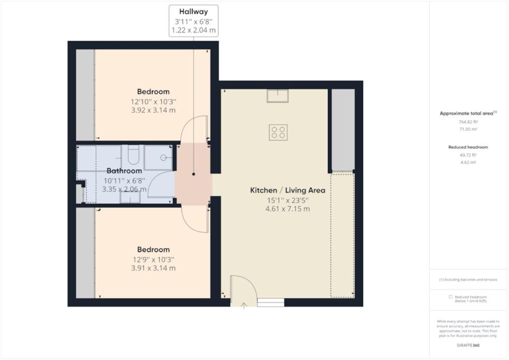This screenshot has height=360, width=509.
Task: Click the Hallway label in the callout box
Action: (x=194, y=12)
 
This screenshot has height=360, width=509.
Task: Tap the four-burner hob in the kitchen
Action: (x=278, y=132)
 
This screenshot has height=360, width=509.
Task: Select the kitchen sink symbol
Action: (x=277, y=96)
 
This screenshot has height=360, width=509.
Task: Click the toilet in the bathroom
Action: (x=133, y=155)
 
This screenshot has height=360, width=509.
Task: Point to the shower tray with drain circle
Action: (x=158, y=158)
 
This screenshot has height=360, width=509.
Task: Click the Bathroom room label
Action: (x=124, y=171)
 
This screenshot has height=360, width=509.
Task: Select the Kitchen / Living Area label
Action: (x=287, y=190)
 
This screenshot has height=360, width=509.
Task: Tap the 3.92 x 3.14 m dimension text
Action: (x=153, y=110)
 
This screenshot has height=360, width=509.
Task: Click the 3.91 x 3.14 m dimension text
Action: (x=153, y=268)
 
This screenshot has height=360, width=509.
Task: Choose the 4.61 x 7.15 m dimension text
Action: (x=287, y=209)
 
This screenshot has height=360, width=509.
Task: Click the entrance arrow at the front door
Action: (x=244, y=306)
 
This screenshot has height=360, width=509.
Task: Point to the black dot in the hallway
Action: (x=194, y=174)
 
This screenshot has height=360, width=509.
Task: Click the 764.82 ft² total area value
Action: (x=468, y=122)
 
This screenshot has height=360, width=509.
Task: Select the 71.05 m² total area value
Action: (x=468, y=129)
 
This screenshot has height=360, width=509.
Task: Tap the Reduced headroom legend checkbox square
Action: (x=450, y=297)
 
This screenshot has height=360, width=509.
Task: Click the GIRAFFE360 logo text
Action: (x=468, y=345)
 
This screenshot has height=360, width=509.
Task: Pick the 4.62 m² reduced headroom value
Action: (x=468, y=162)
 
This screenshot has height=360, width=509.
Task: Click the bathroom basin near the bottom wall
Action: (x=130, y=197)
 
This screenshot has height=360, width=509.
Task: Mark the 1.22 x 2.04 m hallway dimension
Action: (x=194, y=31)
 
